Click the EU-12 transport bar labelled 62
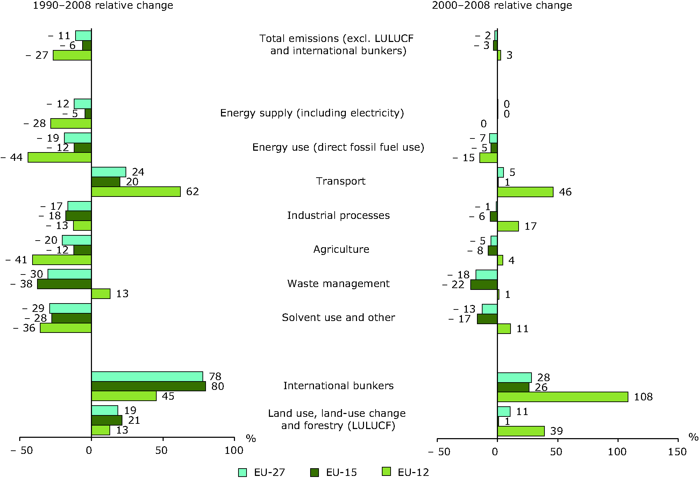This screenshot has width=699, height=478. pos(136,192)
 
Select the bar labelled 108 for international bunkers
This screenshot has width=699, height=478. pos(562,397)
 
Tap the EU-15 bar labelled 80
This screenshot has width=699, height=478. pos(149,386)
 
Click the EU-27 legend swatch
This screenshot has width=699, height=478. pos(242,472)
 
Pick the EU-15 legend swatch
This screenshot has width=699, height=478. pos(314,472)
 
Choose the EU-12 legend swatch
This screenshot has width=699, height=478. pos(386,472)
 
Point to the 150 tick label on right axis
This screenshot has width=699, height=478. pos(677,452)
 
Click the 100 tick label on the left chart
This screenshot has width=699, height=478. pos(234,450)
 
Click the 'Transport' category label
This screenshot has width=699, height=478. pos(341,181)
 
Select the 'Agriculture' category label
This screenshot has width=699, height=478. pos(341,249)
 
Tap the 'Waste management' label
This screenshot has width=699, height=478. pos(338,284)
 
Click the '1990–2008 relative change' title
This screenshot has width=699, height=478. pos(103,6)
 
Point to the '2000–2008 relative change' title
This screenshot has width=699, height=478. pos(502,6)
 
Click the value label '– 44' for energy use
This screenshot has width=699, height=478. pos(12,158)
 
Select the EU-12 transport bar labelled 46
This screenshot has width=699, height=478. pos(525,192)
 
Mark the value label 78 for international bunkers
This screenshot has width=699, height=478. pos(215,377)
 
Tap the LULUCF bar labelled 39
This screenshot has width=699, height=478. pos(521,431)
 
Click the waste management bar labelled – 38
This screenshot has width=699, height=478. pos(64,284)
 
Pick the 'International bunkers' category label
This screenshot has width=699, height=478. pos(338,386)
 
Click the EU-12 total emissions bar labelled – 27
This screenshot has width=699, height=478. pos(72,55)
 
